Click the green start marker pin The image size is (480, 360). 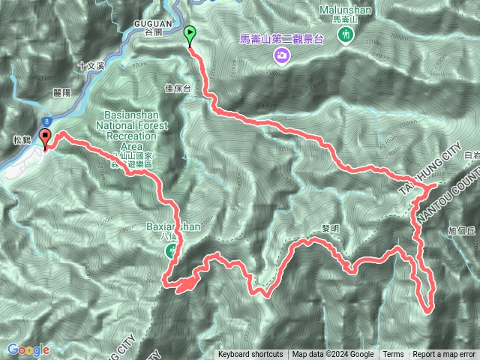coord(190,34)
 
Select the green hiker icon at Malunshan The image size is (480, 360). coord(346,36)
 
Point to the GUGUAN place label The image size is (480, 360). coord(157,22)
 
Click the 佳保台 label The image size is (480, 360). coord(178,88)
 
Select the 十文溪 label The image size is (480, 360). coord(92,66)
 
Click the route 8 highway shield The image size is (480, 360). coord(47,120)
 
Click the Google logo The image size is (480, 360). coord(28,349)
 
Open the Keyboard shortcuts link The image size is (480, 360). coord(250,355)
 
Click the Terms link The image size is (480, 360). coord(393,355)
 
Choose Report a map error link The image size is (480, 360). coord(443,355)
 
